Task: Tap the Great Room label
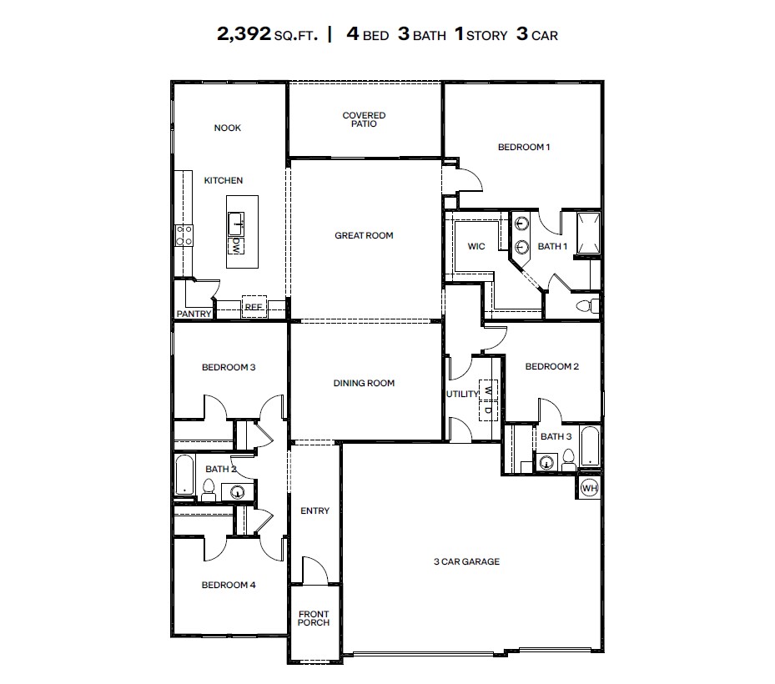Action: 364,236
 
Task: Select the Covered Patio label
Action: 364,119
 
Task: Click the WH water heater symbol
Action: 588,488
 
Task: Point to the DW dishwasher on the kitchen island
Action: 237,245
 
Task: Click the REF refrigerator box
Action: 254,307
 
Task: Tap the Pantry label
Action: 193,314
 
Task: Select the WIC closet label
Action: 476,246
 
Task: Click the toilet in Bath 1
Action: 588,304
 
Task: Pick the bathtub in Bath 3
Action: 589,447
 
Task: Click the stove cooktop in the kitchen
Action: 184,235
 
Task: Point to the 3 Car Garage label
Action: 466,561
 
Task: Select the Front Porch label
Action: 315,618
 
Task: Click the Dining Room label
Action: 364,384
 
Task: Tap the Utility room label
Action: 463,394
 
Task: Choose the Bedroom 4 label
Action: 229,585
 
